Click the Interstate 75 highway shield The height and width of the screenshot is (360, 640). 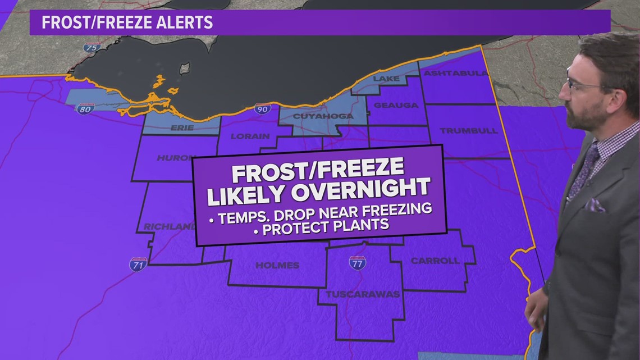coord(93,47)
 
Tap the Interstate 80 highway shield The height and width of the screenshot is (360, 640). coord(85,108)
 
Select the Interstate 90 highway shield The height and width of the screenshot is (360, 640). coord(262,108)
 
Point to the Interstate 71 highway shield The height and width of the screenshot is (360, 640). coord(138,264)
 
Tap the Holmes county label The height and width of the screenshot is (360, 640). coord(277,265)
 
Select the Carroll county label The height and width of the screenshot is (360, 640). coord(435,261)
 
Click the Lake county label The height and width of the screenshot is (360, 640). coord(386,79)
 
